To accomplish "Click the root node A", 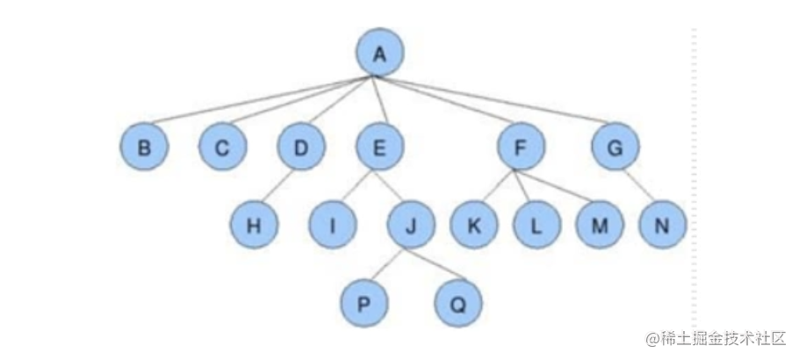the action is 379,54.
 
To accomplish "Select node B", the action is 144,149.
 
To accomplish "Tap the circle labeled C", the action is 223,149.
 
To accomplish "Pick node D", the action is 301,149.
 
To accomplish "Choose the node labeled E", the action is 379,149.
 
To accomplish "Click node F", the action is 520,149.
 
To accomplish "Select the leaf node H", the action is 254,225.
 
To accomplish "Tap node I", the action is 332,225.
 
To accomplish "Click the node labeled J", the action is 411,225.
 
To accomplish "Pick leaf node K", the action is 473,225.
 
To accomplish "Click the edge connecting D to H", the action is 277,187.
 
